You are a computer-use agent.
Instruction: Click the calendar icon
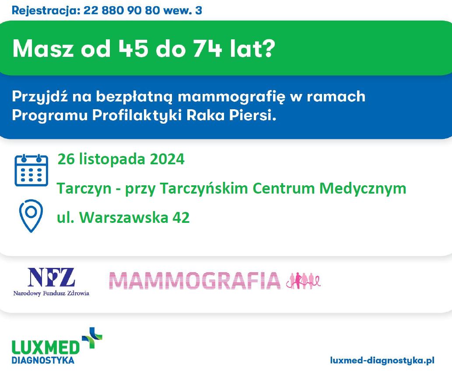31,170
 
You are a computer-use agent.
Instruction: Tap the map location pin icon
31,216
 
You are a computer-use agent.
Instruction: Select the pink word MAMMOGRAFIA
195,280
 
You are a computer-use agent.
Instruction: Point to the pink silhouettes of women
303,281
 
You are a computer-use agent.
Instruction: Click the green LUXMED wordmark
46,347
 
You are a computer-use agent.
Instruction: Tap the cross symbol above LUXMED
92,338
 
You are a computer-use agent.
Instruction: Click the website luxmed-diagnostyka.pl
382,361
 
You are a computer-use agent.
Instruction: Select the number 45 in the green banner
133,49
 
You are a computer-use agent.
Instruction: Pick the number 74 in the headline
207,49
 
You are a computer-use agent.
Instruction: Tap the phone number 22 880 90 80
121,10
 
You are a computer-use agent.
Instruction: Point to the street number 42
181,217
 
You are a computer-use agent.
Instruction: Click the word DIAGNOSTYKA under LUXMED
43,360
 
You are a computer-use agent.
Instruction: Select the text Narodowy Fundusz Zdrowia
51,293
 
